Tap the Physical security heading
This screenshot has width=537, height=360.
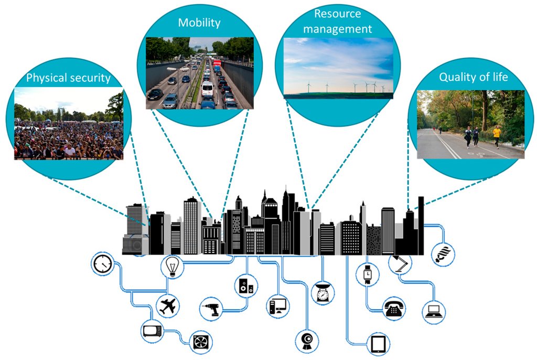[69, 79]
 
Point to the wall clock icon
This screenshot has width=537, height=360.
[102, 263]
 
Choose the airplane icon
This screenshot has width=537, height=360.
[168, 305]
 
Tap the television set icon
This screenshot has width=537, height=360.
[153, 331]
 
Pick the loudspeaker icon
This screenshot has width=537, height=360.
[246, 286]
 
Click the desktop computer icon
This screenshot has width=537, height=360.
[277, 305]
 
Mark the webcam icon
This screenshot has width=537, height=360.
[307, 342]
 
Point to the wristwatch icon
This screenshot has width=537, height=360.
[368, 273]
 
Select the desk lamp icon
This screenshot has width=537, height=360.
[400, 263]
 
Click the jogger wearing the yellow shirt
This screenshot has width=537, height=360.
[496, 134]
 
